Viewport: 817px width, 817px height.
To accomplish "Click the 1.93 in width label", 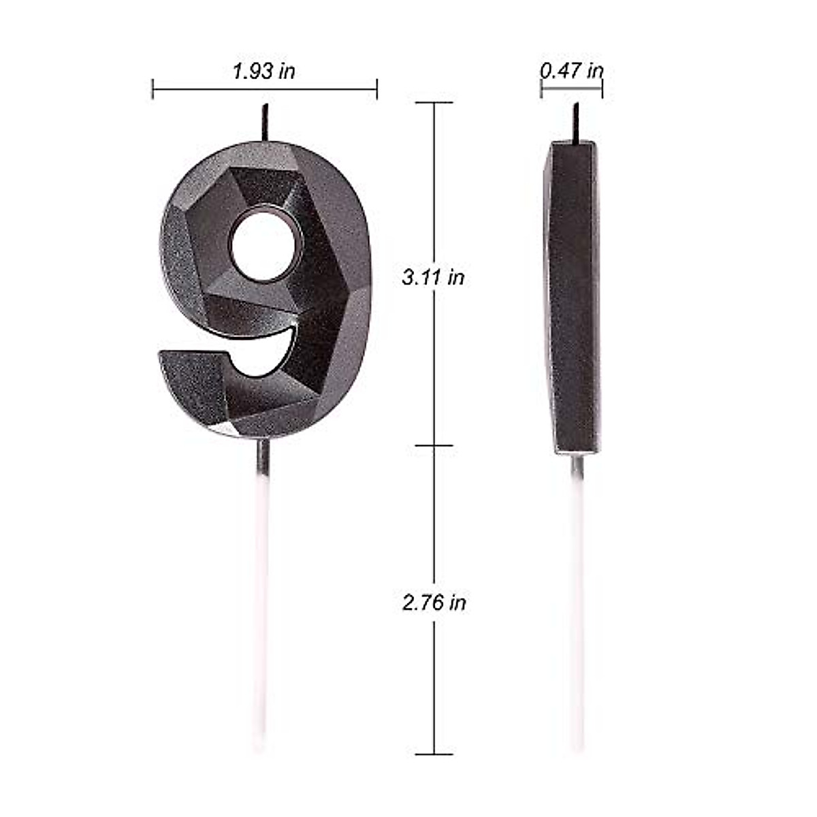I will coord(264,71).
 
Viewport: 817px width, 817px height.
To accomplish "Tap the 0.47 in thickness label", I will coord(571,70).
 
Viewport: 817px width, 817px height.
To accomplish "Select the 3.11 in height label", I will coord(433,277).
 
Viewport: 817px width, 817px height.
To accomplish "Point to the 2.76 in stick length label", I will coord(434,603).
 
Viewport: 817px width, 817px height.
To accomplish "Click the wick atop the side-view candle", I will coord(576,123).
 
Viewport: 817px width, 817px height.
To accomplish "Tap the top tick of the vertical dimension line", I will coord(434,103).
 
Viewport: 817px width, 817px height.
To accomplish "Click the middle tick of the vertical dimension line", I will coord(434,445).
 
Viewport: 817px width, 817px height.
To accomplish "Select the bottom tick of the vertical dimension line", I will coord(434,754).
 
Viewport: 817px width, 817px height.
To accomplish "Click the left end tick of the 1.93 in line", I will coord(153,89).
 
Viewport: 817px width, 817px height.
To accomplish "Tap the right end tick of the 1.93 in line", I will coord(377,89).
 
